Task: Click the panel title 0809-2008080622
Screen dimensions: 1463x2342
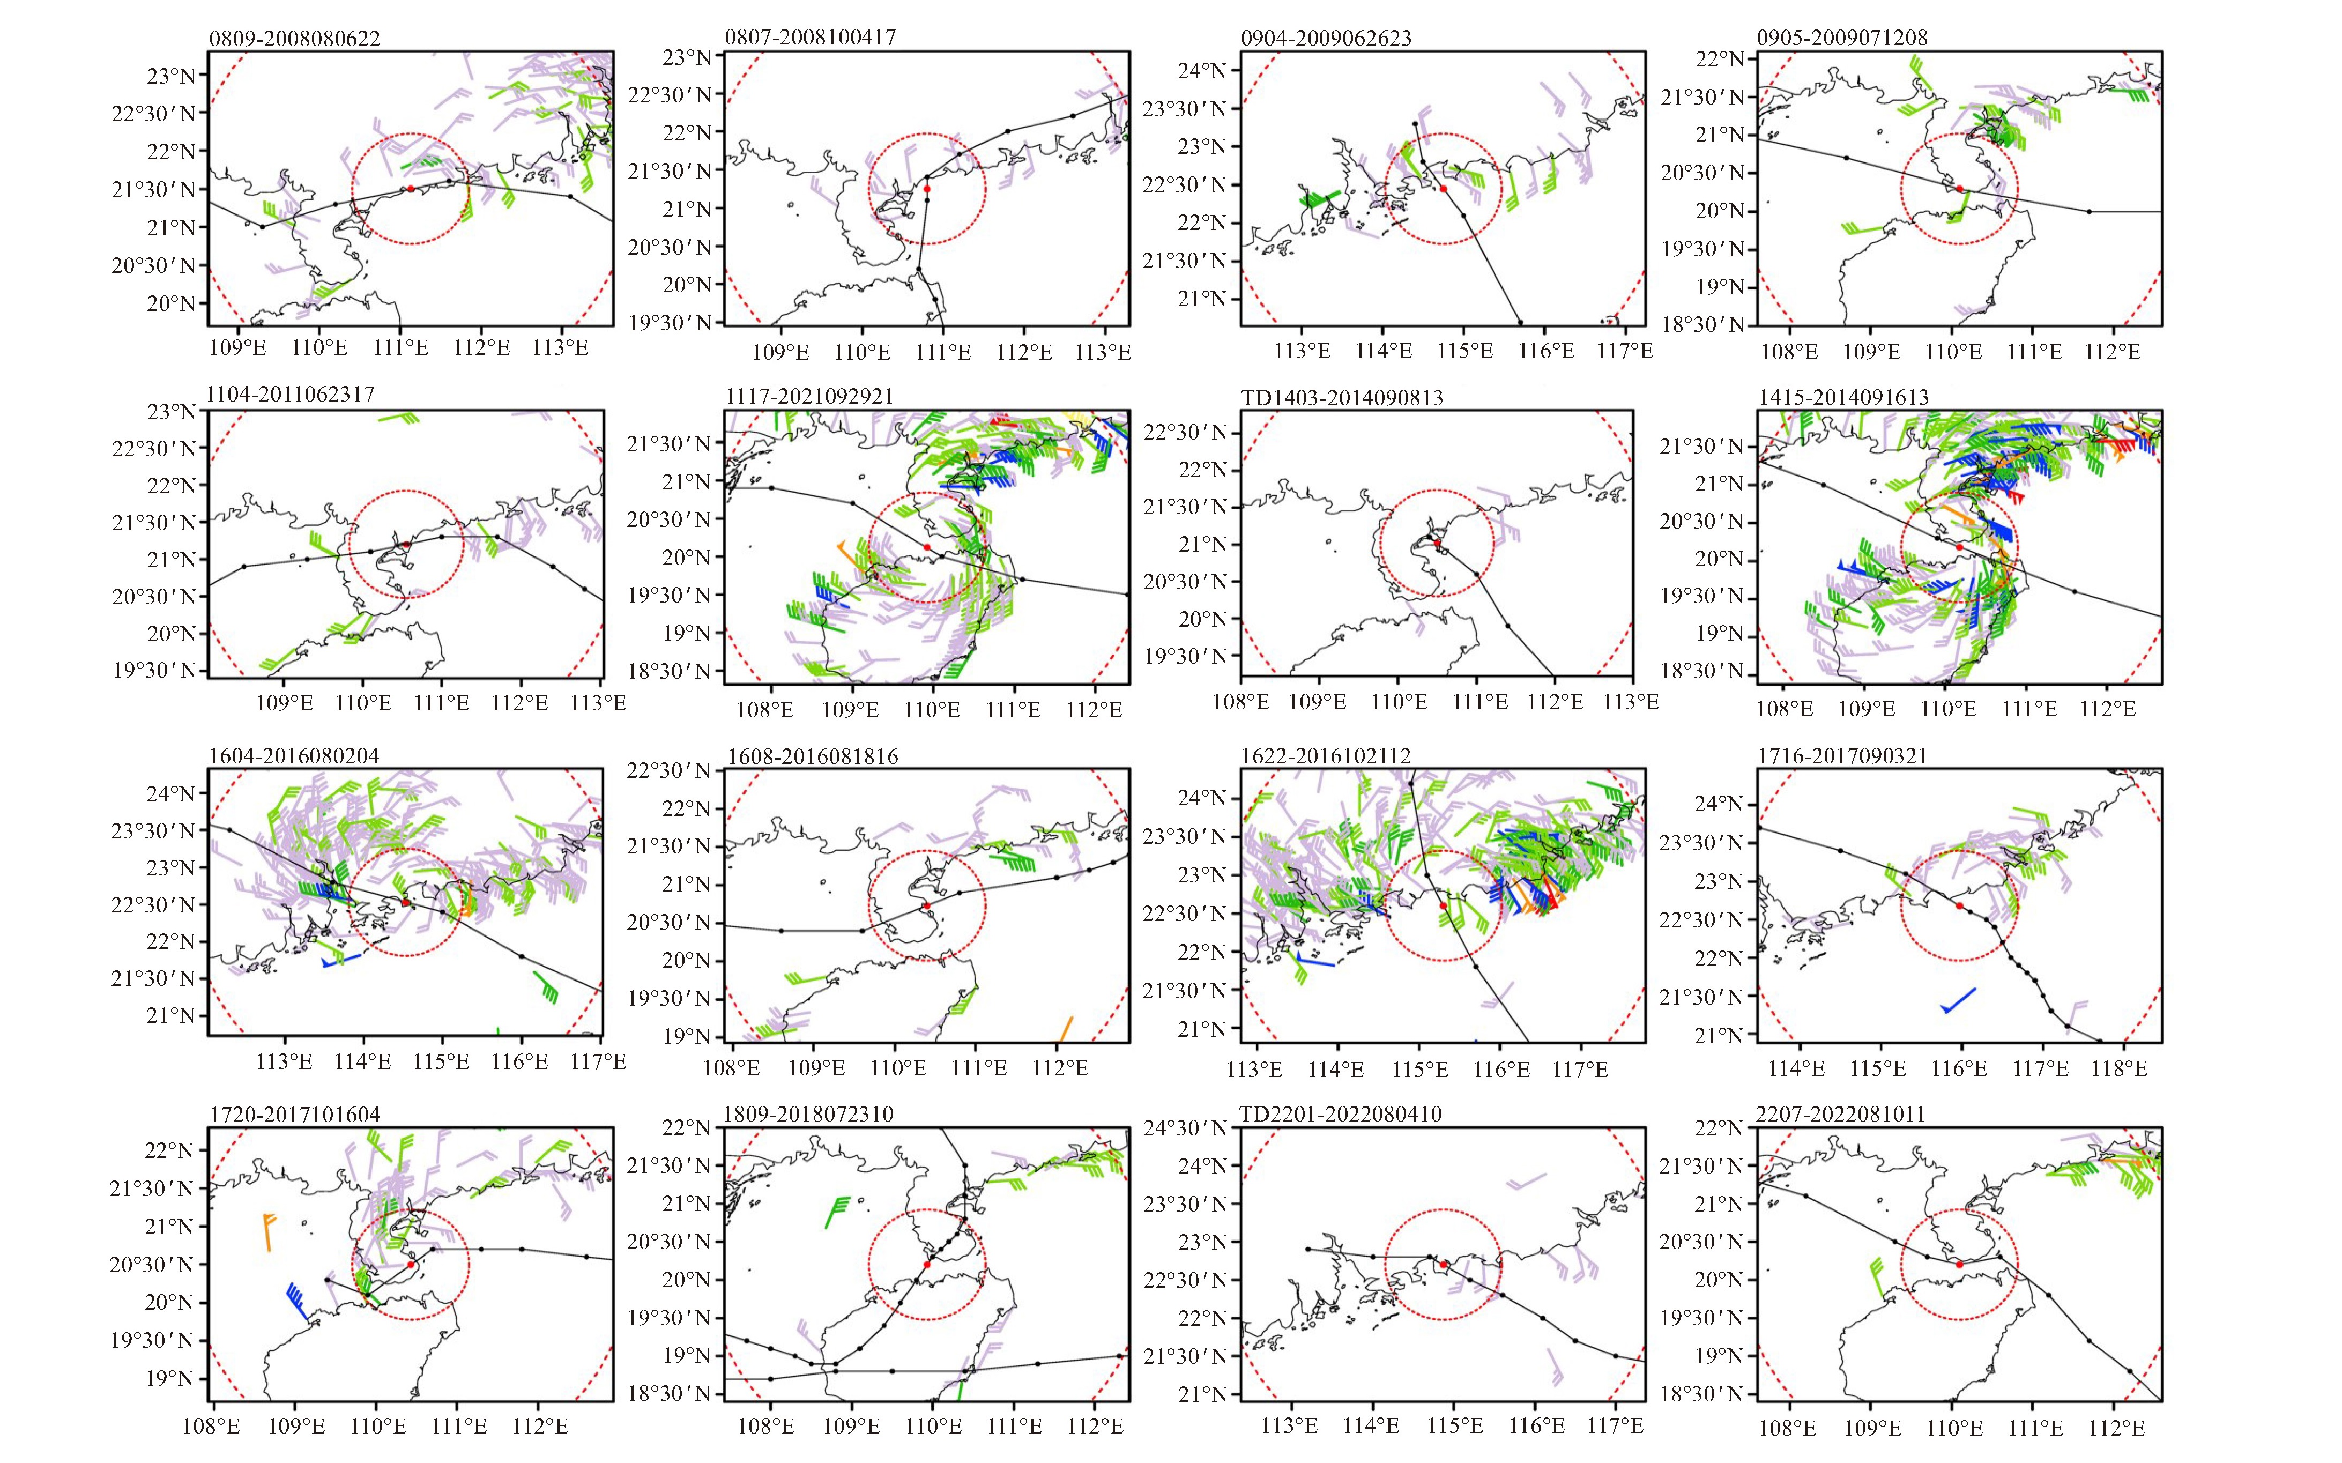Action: point(294,39)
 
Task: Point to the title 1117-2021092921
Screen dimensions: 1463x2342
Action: point(809,397)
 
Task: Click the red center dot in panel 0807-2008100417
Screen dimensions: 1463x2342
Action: point(927,189)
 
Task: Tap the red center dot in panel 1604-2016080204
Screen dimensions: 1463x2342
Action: point(405,903)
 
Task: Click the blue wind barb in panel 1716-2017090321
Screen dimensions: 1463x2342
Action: point(1958,1000)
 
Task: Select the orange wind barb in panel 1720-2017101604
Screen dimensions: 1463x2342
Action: point(268,1231)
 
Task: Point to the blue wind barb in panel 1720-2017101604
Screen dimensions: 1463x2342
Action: point(297,1301)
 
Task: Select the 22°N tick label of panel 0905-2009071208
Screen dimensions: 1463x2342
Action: point(1720,59)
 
